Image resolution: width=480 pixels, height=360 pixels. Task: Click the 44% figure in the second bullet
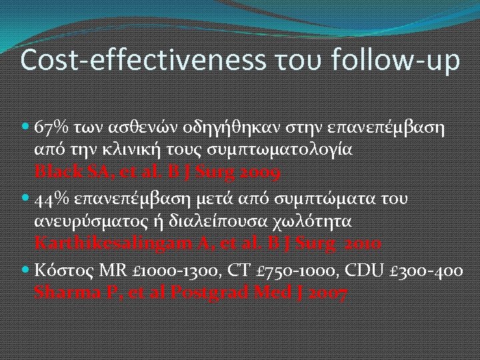pos(51,199)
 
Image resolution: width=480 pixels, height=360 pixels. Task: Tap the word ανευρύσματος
pos(84,221)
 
